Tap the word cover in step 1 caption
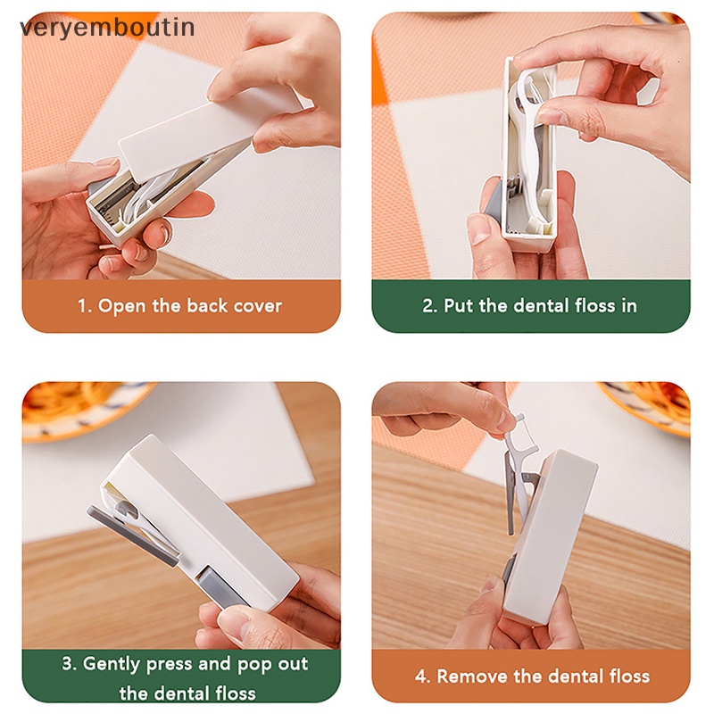258,306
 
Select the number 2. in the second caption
429,306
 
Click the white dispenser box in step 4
549,535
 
